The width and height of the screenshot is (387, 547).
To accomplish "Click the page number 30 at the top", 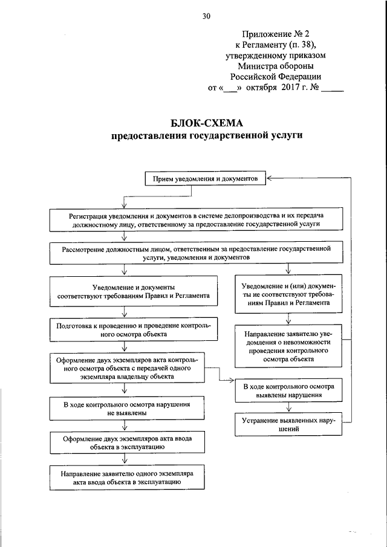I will [x=206, y=16].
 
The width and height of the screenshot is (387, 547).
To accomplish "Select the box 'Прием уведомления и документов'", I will [x=204, y=180].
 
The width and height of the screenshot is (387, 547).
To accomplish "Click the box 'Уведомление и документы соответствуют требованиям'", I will [x=133, y=292].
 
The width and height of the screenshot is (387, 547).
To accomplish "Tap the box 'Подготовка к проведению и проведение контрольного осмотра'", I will [x=133, y=329].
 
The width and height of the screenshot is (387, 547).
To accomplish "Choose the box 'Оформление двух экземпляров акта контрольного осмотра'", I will [x=133, y=367].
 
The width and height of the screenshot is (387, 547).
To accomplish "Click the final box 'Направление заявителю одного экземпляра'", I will [x=133, y=478].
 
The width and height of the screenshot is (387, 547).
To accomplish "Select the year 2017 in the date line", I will [x=291, y=88].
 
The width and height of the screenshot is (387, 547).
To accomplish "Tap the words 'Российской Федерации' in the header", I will [x=275, y=77].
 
